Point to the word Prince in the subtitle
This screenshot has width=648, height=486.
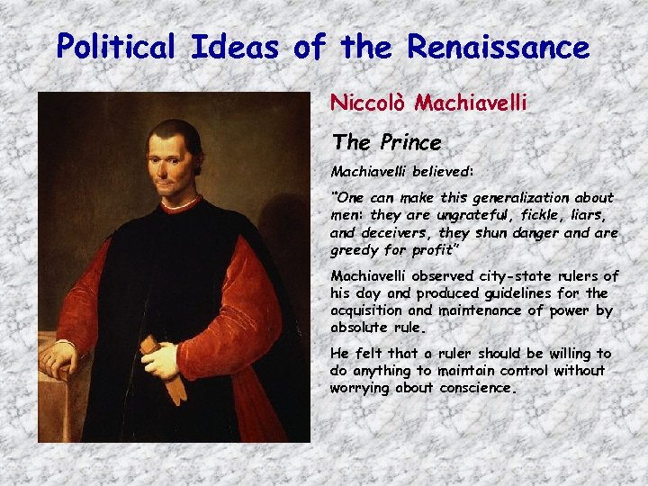pyautogui.click(x=410, y=142)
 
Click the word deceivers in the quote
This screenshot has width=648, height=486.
pyautogui.click(x=397, y=232)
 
